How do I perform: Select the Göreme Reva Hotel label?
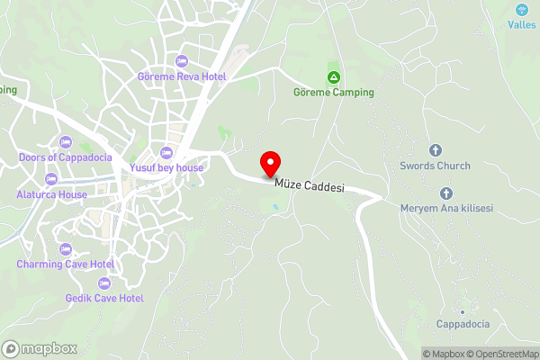pyautogui.click(x=181, y=77)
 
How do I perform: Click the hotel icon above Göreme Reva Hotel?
pyautogui.click(x=181, y=61)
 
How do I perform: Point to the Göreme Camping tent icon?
pyautogui.click(x=334, y=77)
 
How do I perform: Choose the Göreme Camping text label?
pyautogui.click(x=334, y=92)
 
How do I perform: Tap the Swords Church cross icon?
pyautogui.click(x=436, y=150)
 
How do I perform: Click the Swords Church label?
pyautogui.click(x=436, y=166)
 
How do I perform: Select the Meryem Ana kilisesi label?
pyautogui.click(x=446, y=209)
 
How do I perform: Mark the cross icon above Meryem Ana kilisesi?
pyautogui.click(x=446, y=193)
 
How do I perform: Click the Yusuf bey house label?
pyautogui.click(x=166, y=167)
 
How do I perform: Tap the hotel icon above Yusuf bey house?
pyautogui.click(x=166, y=151)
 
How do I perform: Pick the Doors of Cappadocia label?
pyautogui.click(x=65, y=157)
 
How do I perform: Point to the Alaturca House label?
pyautogui.click(x=51, y=194)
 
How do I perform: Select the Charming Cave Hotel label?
pyautogui.click(x=65, y=265)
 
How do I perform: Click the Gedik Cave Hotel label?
pyautogui.click(x=104, y=298)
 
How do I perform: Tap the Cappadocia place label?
pyautogui.click(x=463, y=324)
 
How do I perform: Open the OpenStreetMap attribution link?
pyautogui.click(x=499, y=354)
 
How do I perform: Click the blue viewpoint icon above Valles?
pyautogui.click(x=521, y=10)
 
